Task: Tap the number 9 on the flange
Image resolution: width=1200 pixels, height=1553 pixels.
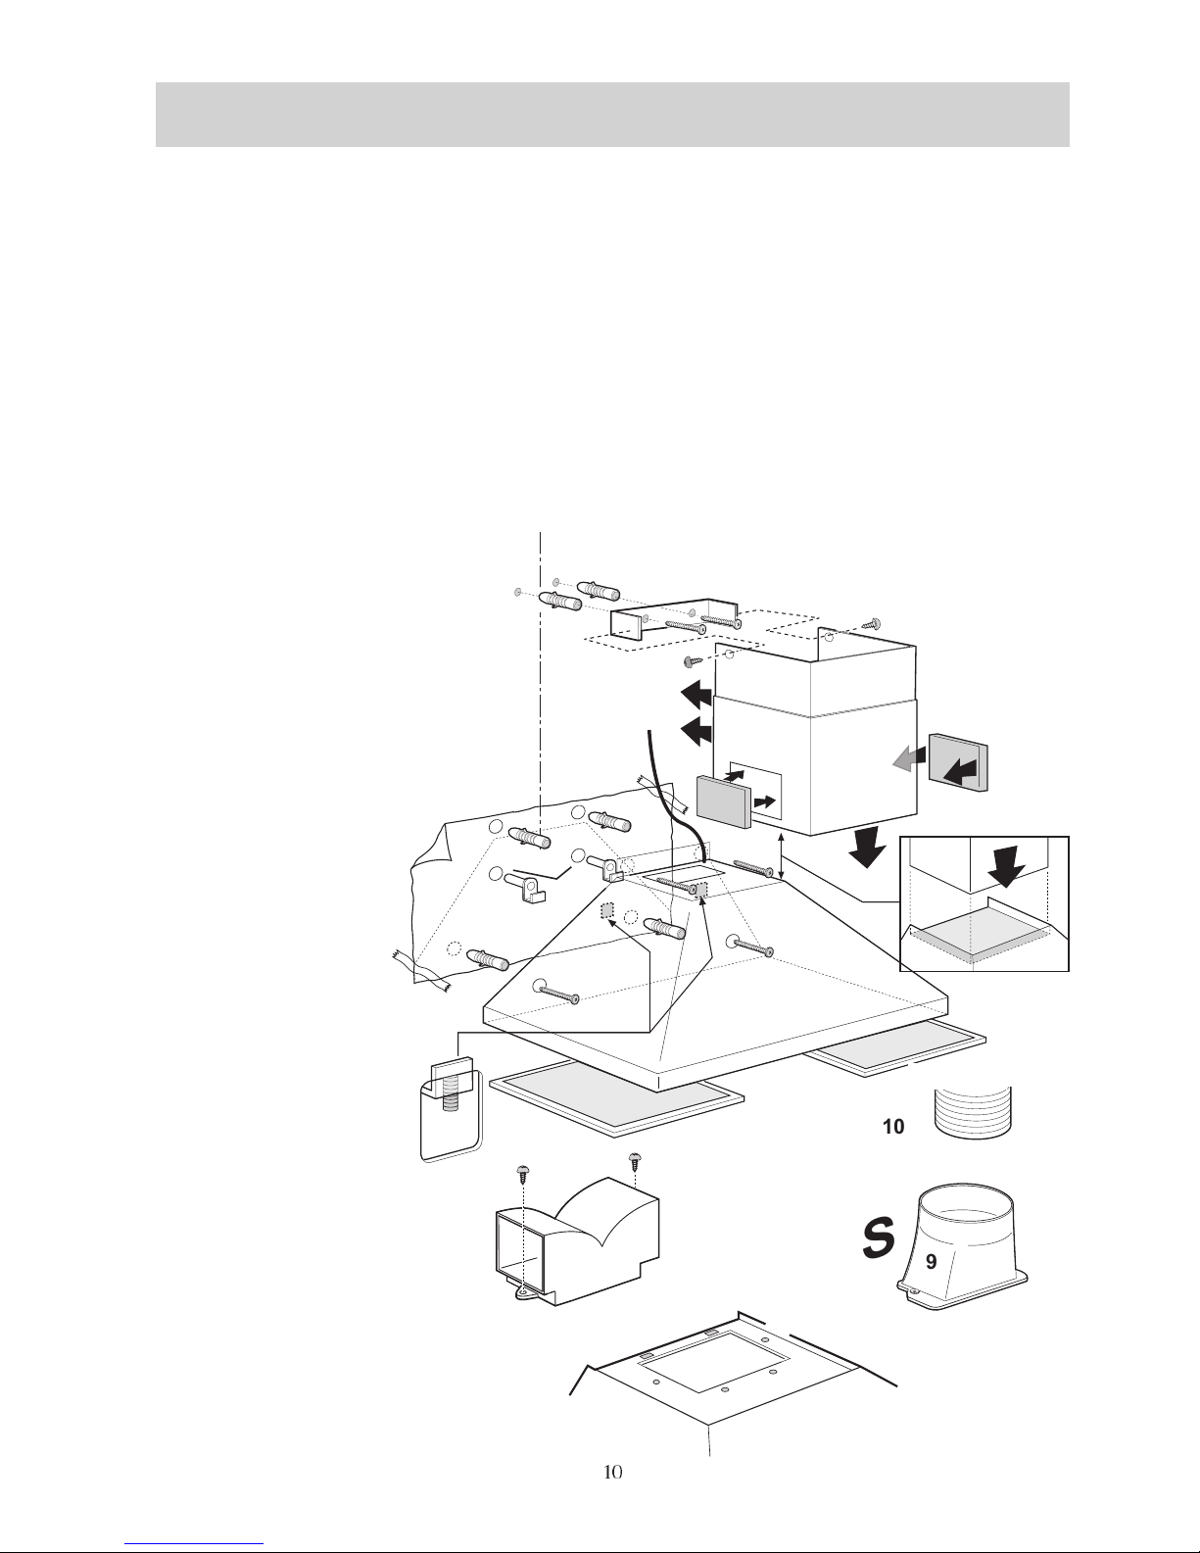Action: (931, 1262)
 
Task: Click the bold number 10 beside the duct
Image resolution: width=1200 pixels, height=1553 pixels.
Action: (893, 1127)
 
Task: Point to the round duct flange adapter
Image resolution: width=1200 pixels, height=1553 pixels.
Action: (962, 1247)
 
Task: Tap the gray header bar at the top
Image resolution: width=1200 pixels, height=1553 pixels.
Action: (612, 115)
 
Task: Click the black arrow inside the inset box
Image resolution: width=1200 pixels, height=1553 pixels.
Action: (1006, 865)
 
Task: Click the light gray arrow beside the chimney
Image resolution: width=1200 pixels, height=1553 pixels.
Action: (908, 759)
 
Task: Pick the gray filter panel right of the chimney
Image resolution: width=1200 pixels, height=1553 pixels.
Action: (959, 762)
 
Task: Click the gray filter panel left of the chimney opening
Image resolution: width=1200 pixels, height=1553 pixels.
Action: (723, 801)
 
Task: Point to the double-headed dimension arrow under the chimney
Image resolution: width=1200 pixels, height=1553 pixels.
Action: (782, 856)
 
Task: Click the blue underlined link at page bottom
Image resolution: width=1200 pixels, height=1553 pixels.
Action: (194, 1544)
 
